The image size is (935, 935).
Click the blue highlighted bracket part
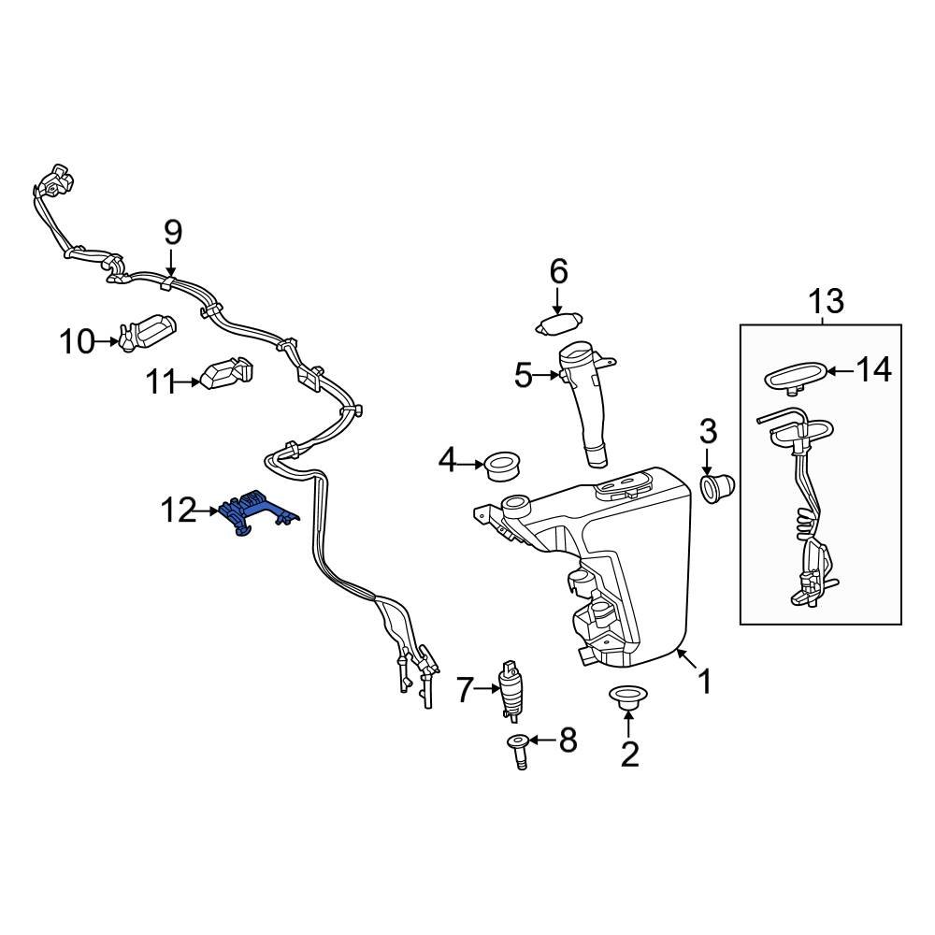(x=252, y=513)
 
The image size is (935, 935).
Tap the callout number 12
(x=179, y=511)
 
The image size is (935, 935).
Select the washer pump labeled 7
(x=511, y=693)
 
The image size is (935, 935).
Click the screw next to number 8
(x=517, y=750)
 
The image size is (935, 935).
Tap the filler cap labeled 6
(x=557, y=324)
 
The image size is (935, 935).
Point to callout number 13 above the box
(x=826, y=301)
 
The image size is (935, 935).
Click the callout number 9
(x=173, y=231)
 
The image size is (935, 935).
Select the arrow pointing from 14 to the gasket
(x=840, y=372)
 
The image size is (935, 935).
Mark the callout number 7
(x=466, y=690)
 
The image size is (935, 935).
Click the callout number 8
(x=568, y=741)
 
